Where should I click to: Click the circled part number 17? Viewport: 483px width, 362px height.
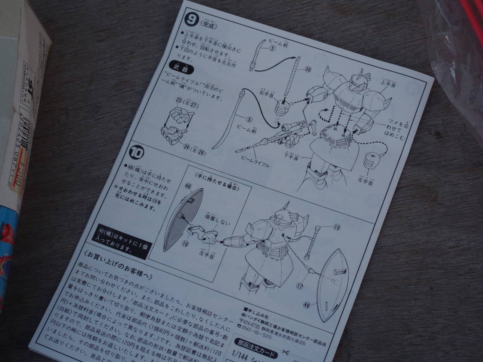click(299, 286)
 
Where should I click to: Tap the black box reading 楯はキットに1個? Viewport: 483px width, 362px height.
click(120, 241)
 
